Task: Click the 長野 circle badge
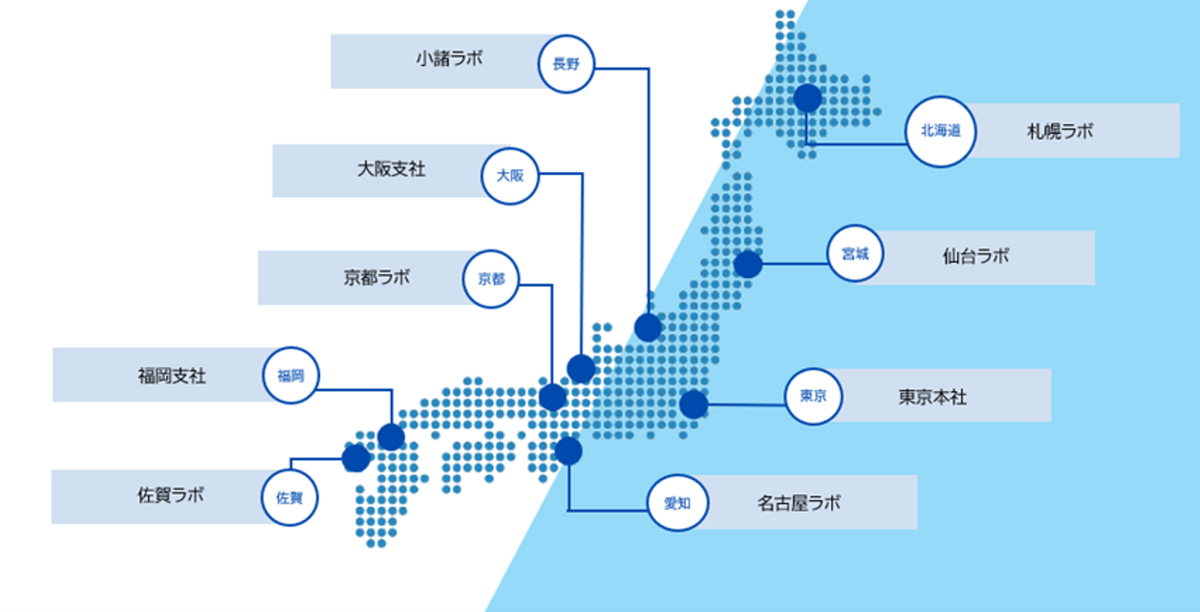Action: tap(566, 63)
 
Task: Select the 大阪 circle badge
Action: tap(510, 175)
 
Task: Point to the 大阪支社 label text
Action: tap(391, 169)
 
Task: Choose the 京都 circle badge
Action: tap(491, 279)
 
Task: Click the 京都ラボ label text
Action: tap(377, 277)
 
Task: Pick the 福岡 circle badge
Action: tap(291, 376)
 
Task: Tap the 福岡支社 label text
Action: tap(172, 375)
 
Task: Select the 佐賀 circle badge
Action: tap(289, 498)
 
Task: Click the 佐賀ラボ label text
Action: tap(171, 495)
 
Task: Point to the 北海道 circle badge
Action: tap(940, 131)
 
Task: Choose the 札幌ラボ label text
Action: tap(1060, 131)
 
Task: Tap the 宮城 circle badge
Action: tap(855, 253)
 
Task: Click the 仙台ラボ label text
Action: tap(976, 256)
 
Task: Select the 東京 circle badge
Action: tap(813, 397)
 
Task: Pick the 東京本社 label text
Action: tap(932, 397)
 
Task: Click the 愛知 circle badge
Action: tap(677, 503)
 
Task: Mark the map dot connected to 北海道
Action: tap(807, 98)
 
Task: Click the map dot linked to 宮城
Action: tap(747, 264)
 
